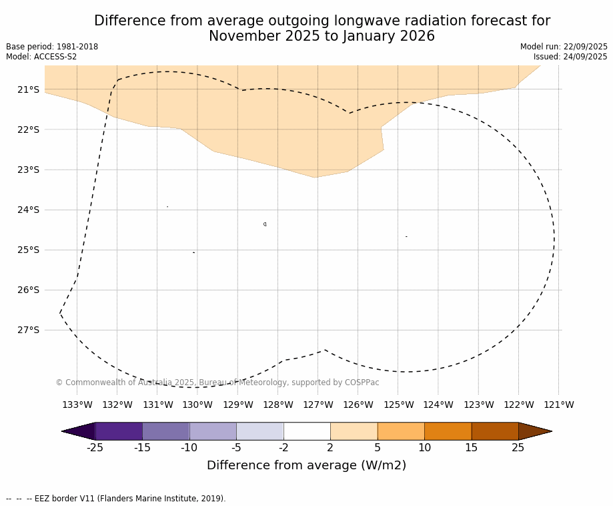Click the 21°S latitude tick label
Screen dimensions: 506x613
(x=28, y=89)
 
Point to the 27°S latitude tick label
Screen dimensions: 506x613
(x=28, y=330)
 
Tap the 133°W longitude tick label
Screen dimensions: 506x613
(x=77, y=405)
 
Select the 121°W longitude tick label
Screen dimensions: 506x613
(x=559, y=405)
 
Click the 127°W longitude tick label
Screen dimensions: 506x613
(x=318, y=405)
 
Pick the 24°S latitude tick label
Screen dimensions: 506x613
(x=28, y=210)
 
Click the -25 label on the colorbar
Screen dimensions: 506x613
(x=95, y=448)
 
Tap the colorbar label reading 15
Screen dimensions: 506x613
(x=471, y=448)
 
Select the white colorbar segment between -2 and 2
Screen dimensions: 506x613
(x=307, y=431)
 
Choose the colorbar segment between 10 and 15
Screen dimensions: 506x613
(x=448, y=431)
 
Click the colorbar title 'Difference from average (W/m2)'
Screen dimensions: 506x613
(x=306, y=465)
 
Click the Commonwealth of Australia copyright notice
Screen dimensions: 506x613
(x=217, y=383)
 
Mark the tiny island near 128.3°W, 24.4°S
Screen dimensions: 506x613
(x=265, y=224)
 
